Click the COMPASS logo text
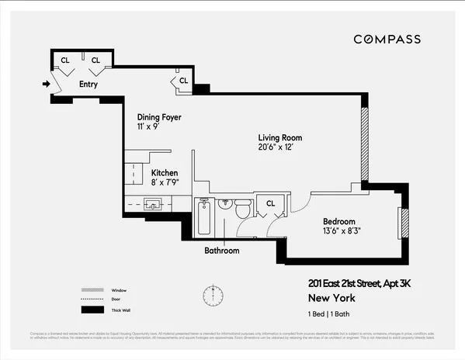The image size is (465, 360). pos(387,39)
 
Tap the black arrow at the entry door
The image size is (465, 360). pos(46,84)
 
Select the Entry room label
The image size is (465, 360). pos(88,84)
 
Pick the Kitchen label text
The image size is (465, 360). pos(165,173)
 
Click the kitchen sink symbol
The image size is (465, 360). pos(152,204)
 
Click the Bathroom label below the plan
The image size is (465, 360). pos(221,251)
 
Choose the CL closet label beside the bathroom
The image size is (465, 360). pos(270,203)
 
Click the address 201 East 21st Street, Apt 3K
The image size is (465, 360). pos(358,284)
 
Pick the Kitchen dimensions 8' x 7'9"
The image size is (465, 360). pos(165,183)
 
